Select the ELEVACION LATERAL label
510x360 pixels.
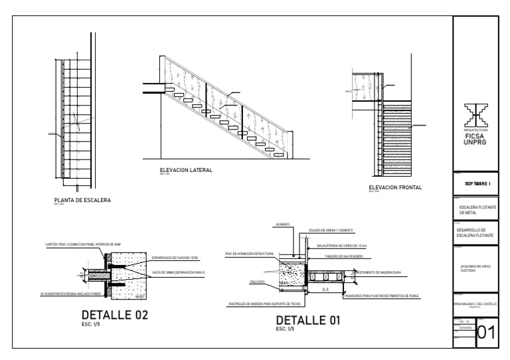pyautogui.click(x=186, y=171)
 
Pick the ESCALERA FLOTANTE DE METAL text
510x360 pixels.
pyautogui.click(x=479, y=209)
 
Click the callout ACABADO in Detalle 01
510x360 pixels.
pyautogui.click(x=282, y=225)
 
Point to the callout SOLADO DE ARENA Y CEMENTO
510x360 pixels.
pyautogui.click(x=330, y=230)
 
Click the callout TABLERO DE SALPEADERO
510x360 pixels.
pyautogui.click(x=343, y=255)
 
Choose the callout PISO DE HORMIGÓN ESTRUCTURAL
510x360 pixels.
pyautogui.click(x=249, y=254)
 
